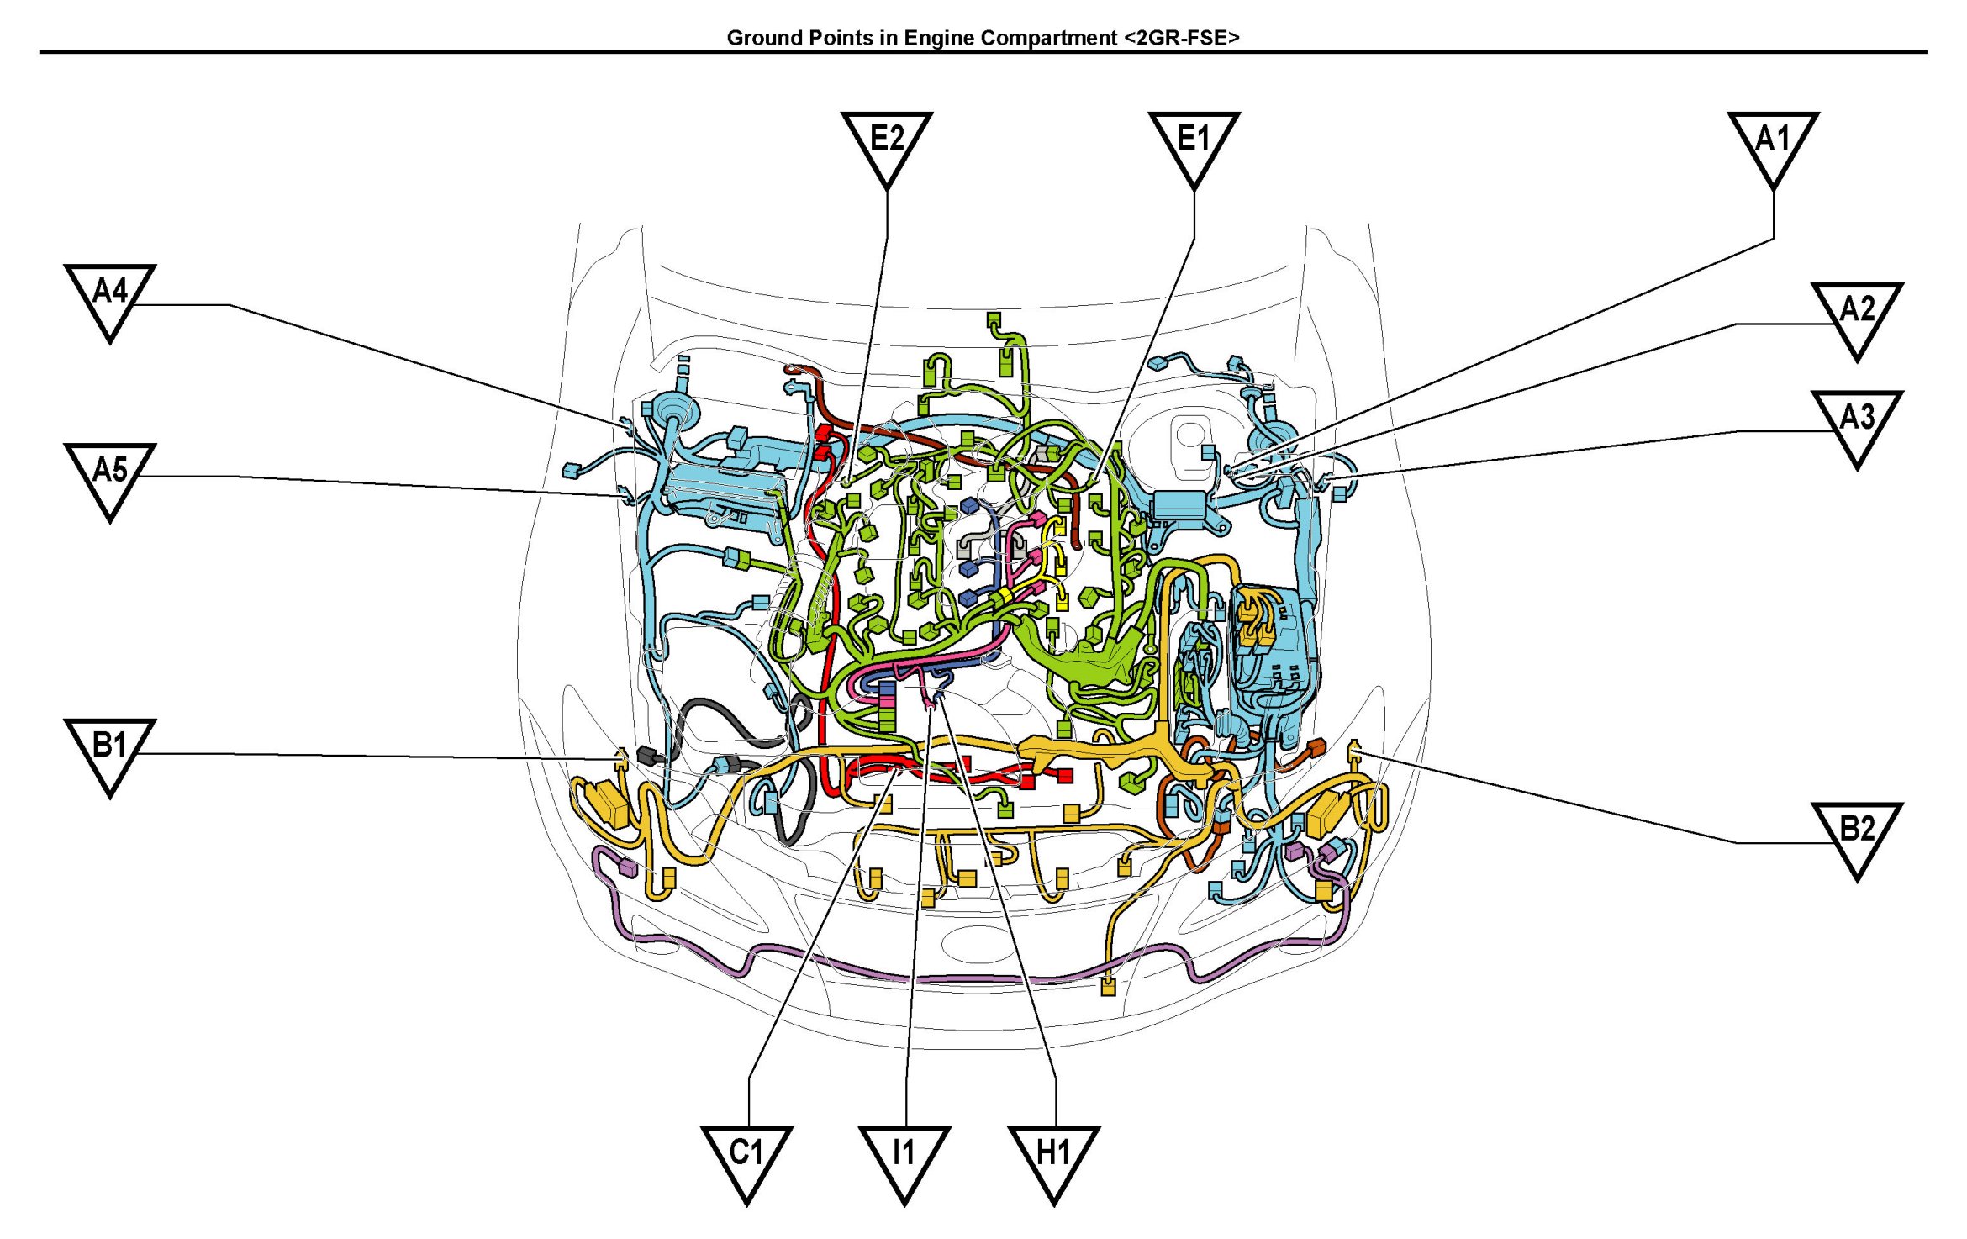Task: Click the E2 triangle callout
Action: (887, 147)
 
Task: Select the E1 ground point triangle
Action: (1194, 147)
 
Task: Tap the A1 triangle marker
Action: (1774, 147)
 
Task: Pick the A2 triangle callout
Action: (1857, 319)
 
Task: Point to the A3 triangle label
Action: (1857, 427)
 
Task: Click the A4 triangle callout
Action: (110, 301)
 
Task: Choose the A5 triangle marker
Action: (110, 480)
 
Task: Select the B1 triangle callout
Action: (110, 755)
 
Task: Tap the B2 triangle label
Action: (1857, 839)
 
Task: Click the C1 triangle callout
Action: (746, 1163)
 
